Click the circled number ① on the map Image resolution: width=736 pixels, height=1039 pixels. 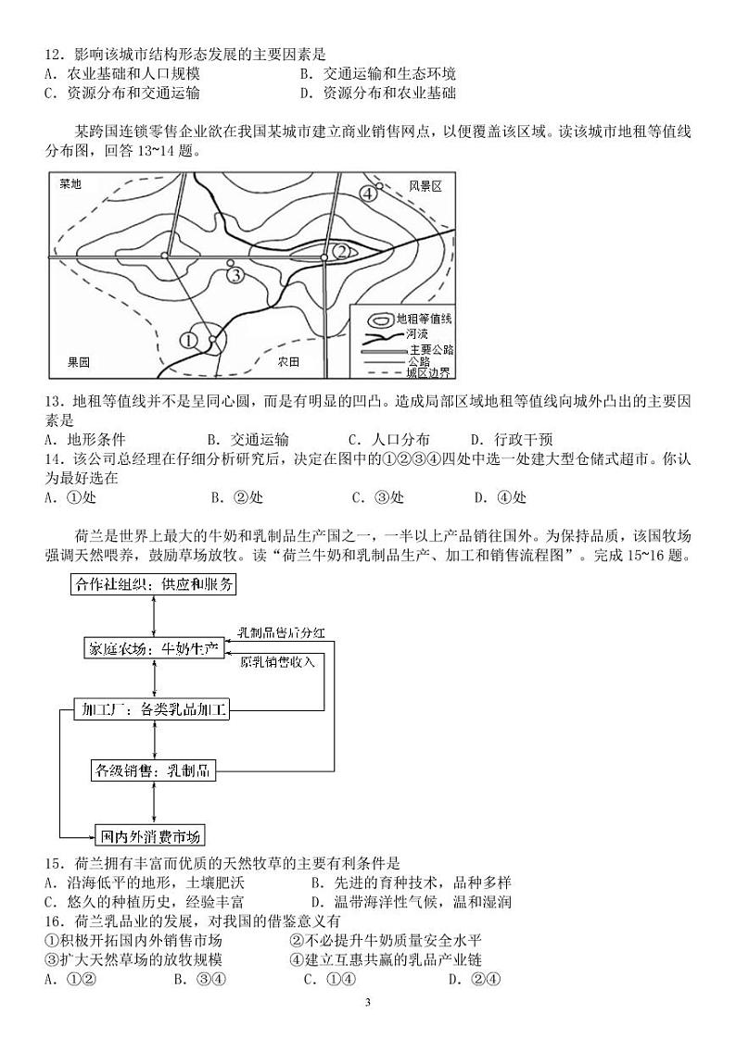[190, 340]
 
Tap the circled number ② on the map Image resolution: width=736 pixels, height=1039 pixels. [340, 251]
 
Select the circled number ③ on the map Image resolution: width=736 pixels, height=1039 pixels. [235, 274]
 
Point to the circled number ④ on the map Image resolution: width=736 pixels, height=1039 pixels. [367, 194]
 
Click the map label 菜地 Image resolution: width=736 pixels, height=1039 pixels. [70, 184]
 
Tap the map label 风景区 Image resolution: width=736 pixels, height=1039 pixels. [425, 186]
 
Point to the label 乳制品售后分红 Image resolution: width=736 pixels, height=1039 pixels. [273, 633]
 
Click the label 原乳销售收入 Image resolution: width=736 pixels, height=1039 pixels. [277, 662]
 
